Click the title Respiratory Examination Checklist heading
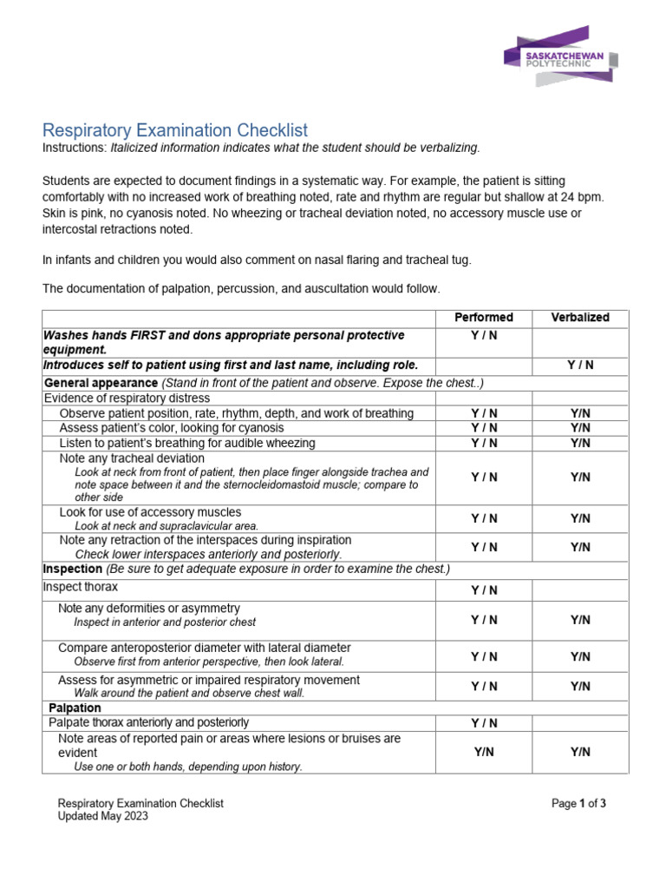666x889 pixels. (x=175, y=130)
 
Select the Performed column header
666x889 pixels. (x=484, y=318)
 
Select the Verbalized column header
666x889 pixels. (x=580, y=318)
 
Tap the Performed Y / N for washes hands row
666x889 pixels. (x=484, y=335)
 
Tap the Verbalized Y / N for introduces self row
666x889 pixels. (x=580, y=365)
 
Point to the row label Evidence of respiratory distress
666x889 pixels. (x=127, y=398)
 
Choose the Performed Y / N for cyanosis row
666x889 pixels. (x=484, y=428)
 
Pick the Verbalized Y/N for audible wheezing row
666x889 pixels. (x=580, y=443)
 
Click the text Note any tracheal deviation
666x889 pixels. (x=132, y=458)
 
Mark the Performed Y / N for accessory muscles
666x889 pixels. (x=484, y=518)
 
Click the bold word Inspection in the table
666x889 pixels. (x=73, y=569)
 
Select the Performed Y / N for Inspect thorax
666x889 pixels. (x=484, y=590)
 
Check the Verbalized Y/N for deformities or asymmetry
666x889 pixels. (x=580, y=620)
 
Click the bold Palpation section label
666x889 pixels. (x=75, y=708)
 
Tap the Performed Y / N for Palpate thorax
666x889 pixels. (x=484, y=723)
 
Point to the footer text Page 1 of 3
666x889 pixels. (x=578, y=804)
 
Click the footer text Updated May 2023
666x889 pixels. (x=102, y=816)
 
